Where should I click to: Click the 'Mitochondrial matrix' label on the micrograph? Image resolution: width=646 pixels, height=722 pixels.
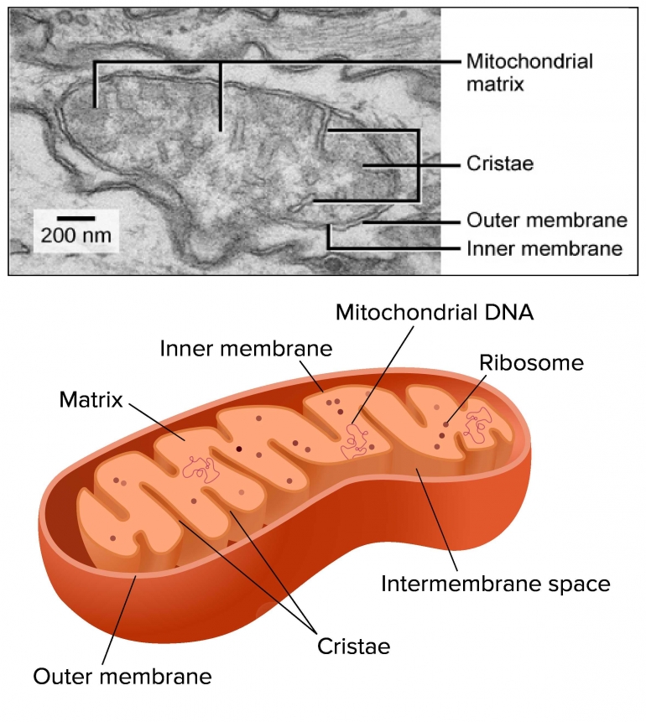click(x=529, y=72)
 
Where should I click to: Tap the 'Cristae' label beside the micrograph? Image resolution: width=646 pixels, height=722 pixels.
click(x=500, y=164)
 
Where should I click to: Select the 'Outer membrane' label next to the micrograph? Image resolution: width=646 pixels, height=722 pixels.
click(x=546, y=221)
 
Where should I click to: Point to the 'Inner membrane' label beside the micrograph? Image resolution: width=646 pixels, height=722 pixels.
click(x=544, y=248)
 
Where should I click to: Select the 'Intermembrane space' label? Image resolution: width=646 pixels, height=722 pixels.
click(x=495, y=583)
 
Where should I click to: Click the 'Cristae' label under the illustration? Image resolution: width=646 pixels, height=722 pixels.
click(x=354, y=647)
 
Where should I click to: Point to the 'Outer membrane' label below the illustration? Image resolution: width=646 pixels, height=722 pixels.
click(x=122, y=676)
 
